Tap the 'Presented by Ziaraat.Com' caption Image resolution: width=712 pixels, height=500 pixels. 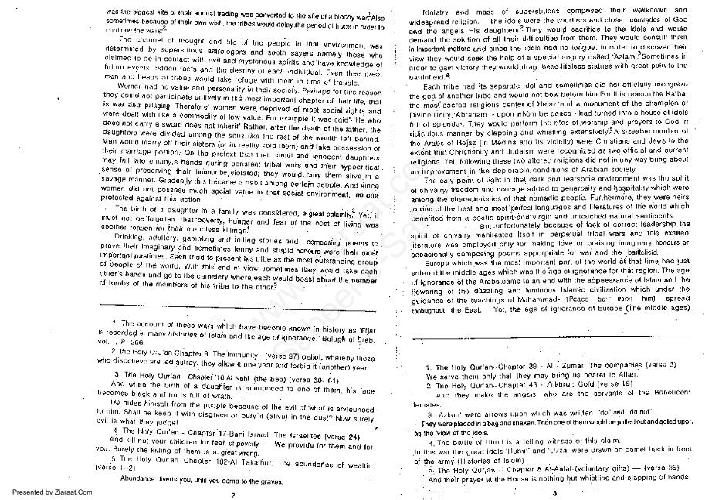[47, 492]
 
